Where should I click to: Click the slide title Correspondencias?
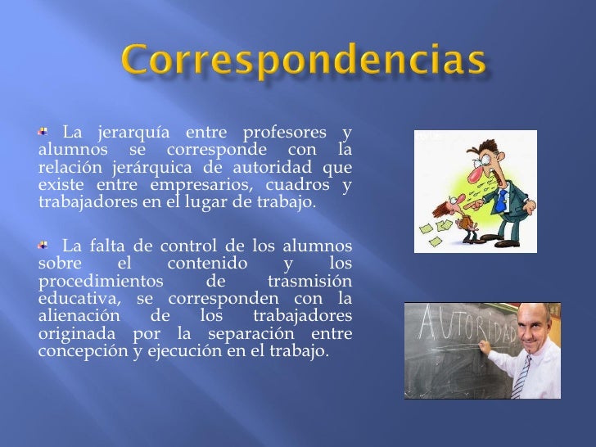304,62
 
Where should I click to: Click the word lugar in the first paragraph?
214,202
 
